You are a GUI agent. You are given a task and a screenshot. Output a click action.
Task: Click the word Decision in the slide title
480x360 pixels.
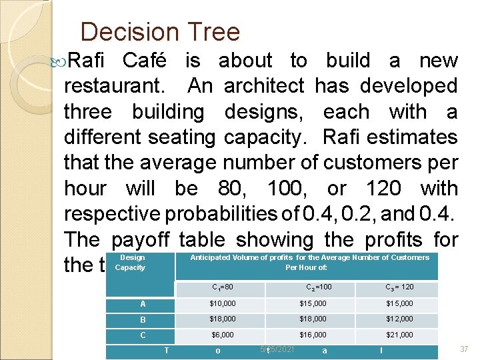point(128,32)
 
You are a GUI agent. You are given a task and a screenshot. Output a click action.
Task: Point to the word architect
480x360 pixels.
point(264,86)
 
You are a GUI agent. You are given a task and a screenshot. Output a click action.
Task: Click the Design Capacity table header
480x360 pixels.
point(131,262)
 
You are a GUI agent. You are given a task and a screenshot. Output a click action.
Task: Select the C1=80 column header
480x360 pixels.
point(222,287)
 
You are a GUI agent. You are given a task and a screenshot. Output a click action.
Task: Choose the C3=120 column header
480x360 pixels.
point(399,287)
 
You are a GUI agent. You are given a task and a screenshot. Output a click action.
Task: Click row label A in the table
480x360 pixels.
point(143,303)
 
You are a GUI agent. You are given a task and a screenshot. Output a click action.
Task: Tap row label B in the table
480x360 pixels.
point(143,319)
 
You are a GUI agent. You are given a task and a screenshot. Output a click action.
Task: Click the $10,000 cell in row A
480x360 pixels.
point(222,304)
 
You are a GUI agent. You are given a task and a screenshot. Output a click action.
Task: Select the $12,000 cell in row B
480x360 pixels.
point(399,319)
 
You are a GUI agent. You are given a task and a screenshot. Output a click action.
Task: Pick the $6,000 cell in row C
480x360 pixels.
point(222,335)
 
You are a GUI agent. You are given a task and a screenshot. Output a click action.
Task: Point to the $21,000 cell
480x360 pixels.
point(399,335)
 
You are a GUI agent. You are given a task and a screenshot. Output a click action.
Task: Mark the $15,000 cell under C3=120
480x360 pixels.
point(399,304)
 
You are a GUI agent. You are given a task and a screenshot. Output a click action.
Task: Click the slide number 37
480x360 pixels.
point(465,349)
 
